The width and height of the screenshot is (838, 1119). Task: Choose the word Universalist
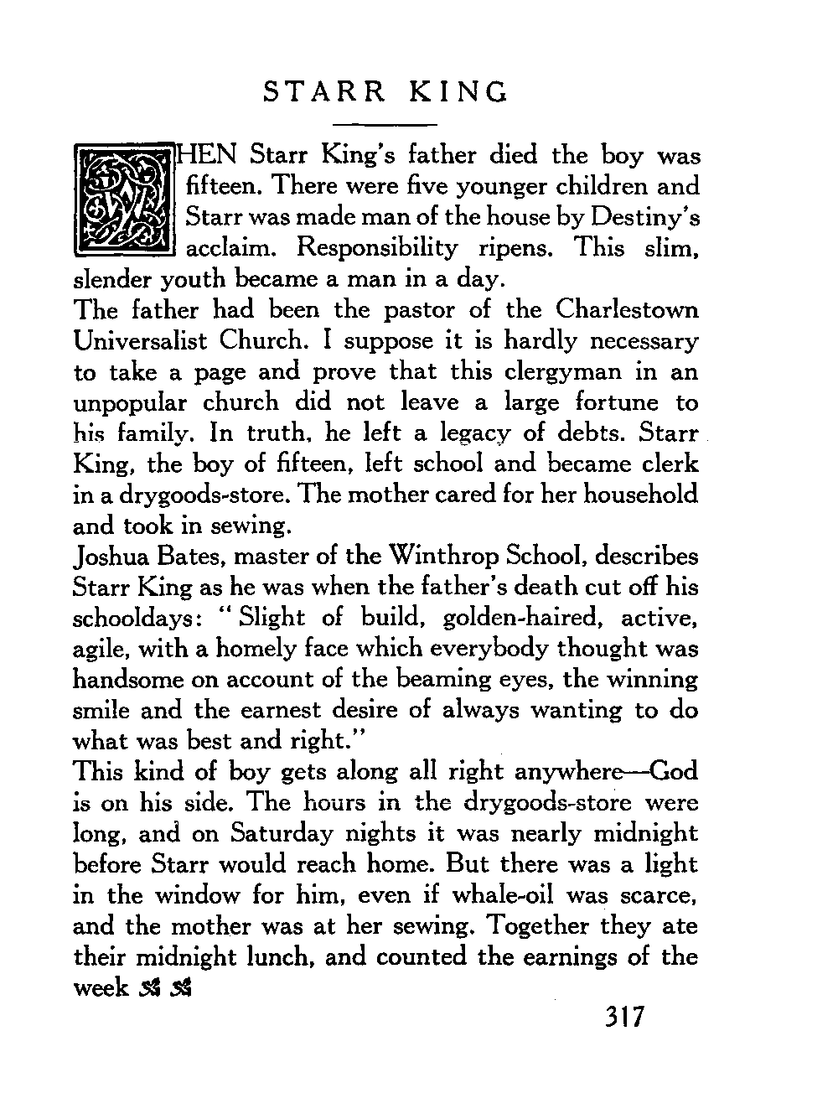[140, 341]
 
